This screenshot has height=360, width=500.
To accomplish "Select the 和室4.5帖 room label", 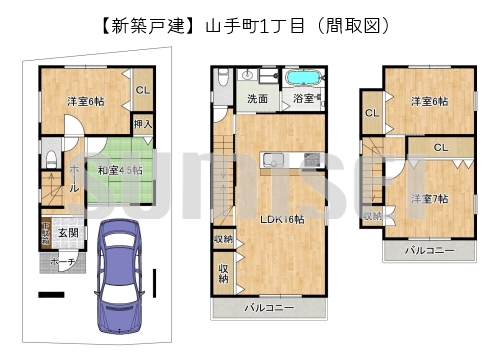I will tap(119, 170).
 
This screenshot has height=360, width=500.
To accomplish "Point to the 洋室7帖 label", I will tap(428, 198).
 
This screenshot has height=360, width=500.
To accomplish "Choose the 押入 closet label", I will tap(143, 124).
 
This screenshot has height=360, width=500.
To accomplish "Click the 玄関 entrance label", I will tap(68, 234).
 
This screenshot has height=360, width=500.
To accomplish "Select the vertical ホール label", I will tap(74, 180).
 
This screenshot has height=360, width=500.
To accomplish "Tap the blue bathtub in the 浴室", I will tap(301, 77).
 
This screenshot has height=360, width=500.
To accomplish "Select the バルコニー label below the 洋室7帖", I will tap(429, 250).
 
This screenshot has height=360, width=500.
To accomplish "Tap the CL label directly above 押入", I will tap(143, 90).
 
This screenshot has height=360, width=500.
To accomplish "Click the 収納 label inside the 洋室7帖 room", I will tap(373, 216).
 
